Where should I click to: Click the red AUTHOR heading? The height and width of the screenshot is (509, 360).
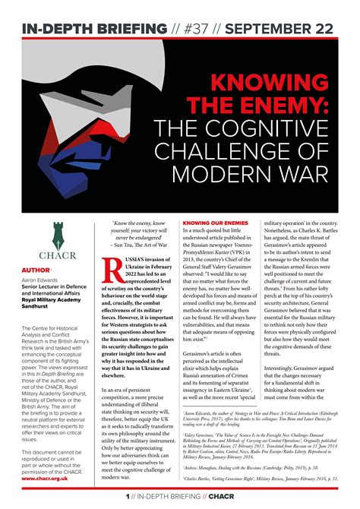coord(33,269)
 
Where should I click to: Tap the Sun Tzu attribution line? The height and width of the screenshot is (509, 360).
coord(132,244)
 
